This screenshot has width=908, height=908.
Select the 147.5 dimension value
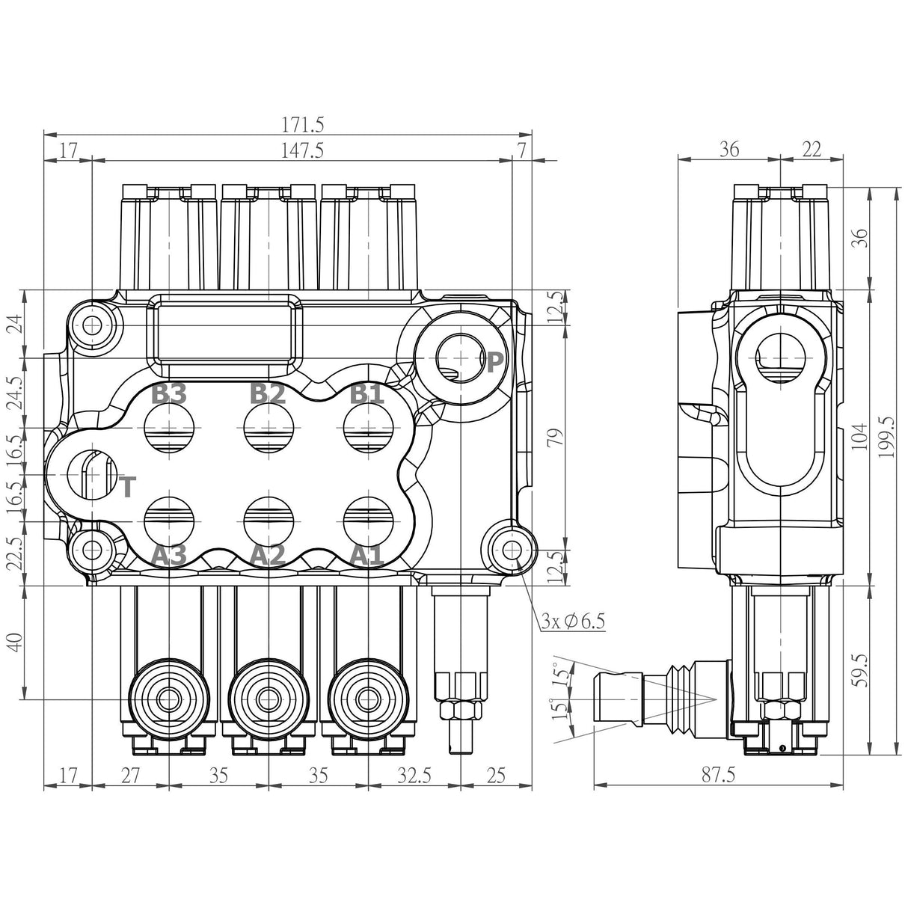coord(303,150)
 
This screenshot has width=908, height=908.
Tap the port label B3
coord(168,393)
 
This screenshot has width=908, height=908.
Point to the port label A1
coord(367,555)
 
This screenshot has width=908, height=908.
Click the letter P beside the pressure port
coord(494,363)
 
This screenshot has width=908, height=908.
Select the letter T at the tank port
coord(128,488)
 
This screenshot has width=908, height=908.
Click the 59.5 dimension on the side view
coord(860,671)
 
